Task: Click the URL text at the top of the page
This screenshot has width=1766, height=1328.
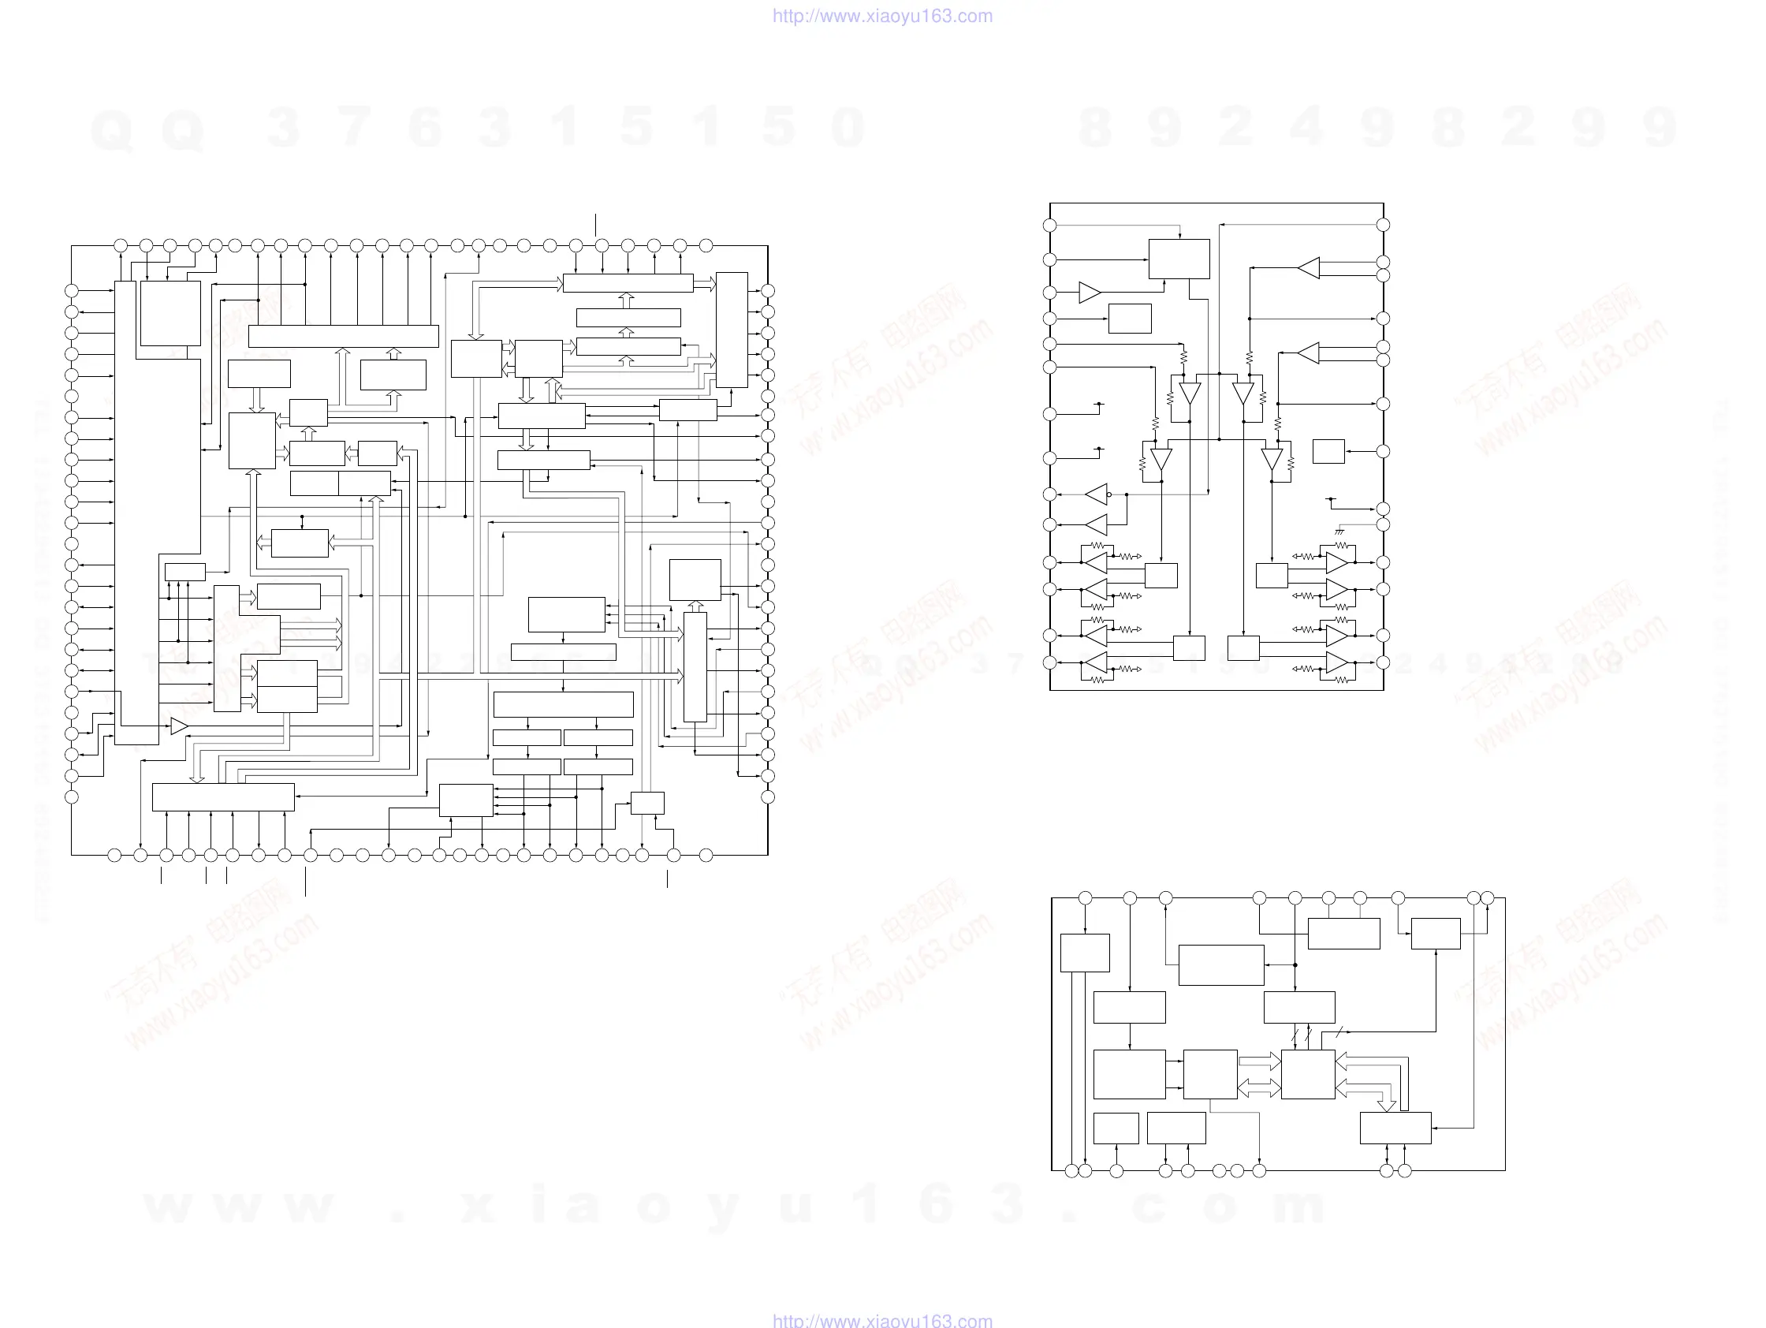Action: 882,16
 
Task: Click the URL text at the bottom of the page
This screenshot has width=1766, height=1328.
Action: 882,1319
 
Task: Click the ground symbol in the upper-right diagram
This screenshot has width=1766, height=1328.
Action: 1339,531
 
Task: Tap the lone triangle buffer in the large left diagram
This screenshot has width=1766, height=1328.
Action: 179,726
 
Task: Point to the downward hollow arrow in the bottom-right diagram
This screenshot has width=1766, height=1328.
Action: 1387,1104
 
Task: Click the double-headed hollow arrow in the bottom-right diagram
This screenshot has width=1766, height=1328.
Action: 1259,1087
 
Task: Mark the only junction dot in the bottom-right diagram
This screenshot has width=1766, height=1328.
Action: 1295,964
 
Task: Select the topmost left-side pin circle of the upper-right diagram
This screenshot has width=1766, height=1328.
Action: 1050,226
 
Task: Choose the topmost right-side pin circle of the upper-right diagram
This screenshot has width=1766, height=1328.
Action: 1384,226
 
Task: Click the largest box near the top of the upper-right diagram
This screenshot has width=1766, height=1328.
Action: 1179,259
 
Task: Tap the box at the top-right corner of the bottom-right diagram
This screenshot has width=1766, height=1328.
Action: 1436,934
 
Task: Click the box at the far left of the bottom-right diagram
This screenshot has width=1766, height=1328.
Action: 1085,953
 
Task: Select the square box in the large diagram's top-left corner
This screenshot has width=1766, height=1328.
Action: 170,313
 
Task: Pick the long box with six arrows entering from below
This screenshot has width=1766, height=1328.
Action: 223,797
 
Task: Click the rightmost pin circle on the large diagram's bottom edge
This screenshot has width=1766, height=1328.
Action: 706,856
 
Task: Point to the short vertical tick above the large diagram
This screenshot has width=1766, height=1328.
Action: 595,225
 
